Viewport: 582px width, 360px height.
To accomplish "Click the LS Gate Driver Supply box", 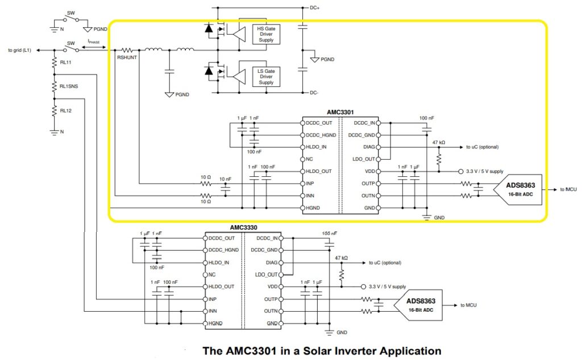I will click(266, 76).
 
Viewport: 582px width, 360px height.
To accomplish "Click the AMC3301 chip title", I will click(341, 113).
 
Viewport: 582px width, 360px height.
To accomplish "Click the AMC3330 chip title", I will click(243, 227).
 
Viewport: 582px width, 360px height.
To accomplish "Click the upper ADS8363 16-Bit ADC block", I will click(516, 189).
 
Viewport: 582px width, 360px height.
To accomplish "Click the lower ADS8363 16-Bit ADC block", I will click(421, 305).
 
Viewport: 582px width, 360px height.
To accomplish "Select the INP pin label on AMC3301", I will click(310, 183).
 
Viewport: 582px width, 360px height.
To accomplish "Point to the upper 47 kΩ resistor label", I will click(438, 142).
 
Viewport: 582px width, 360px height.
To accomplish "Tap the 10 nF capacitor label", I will click(225, 179).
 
